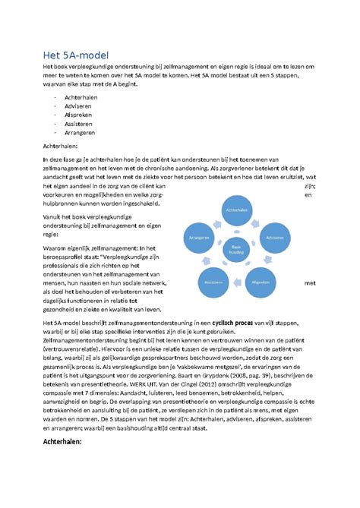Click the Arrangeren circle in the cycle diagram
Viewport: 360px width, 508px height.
(x=200, y=238)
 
